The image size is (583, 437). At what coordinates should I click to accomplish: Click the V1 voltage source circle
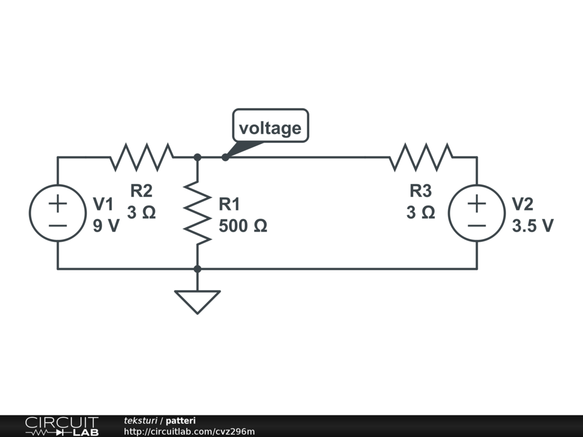(58, 213)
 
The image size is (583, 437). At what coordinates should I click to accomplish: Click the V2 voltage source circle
(477, 213)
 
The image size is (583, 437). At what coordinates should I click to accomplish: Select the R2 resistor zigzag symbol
(142, 156)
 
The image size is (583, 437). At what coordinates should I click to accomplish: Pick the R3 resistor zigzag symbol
(421, 156)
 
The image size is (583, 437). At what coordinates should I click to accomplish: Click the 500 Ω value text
(243, 226)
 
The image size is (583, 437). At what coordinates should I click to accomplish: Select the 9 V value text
(106, 226)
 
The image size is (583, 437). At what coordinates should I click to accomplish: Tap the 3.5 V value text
(532, 226)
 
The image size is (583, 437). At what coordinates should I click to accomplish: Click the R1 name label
(229, 204)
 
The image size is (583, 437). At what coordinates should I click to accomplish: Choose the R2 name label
(141, 191)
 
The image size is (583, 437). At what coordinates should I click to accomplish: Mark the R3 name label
(421, 191)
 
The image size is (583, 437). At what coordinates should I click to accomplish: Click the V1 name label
(103, 204)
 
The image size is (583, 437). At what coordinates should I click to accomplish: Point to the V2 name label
(522, 204)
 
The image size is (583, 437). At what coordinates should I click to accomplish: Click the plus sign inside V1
(58, 203)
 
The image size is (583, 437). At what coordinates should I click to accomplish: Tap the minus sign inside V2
(477, 225)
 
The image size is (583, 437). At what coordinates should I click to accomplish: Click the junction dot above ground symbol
(197, 269)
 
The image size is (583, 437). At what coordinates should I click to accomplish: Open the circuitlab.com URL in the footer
(189, 431)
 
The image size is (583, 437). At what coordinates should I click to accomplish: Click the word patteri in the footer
(180, 420)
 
